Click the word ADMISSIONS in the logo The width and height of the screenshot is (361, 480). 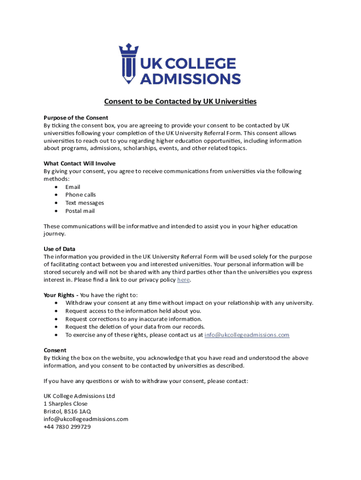click(191, 78)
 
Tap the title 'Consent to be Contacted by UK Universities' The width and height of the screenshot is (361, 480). click(180, 101)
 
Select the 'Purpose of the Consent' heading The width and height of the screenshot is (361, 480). click(76, 118)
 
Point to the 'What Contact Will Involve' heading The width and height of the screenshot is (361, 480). click(80, 163)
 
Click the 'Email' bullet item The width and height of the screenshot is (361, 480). click(73, 187)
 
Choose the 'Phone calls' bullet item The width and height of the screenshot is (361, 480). click(81, 195)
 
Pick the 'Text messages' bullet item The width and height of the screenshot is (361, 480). click(84, 203)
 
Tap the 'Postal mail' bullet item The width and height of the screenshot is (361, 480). click(80, 211)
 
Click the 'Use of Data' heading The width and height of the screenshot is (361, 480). click(60, 249)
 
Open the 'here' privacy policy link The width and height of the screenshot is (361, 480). click(183, 280)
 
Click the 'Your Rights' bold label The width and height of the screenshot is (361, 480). click(60, 295)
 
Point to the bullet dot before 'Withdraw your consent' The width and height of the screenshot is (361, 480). click(56, 303)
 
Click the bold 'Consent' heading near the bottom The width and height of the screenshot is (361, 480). click(55, 350)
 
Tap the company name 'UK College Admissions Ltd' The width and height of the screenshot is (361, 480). click(79, 396)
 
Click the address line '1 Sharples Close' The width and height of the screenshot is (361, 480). click(66, 404)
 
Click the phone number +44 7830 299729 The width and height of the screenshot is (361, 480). click(67, 427)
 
